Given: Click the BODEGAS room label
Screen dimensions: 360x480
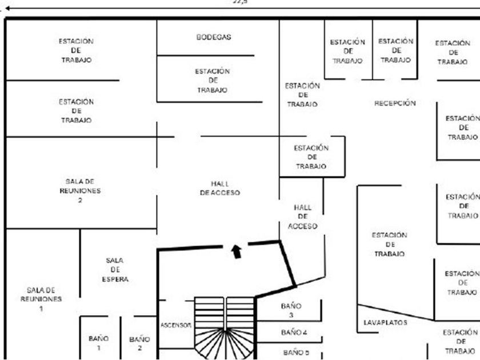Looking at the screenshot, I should [x=214, y=37].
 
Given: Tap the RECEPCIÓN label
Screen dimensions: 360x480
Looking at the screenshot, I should [x=395, y=103].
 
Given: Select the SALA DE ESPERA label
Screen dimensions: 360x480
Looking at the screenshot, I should [x=115, y=270].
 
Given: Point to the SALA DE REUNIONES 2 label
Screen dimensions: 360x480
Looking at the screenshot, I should [x=80, y=191].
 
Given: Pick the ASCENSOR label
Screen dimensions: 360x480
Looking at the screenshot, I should [x=175, y=325].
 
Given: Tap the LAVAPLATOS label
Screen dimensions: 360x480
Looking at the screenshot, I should [x=386, y=323].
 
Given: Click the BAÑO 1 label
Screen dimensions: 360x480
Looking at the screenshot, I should [x=98, y=343].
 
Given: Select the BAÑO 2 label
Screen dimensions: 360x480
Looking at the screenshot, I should [x=139, y=343].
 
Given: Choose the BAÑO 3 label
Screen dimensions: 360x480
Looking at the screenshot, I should [x=291, y=310].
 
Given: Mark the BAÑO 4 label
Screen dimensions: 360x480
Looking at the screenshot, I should [x=294, y=332].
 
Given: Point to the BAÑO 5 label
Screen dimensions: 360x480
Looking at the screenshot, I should [x=294, y=353].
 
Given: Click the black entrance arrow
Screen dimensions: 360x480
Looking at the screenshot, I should [x=236, y=251].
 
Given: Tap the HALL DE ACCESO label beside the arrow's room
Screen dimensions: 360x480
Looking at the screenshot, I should [x=220, y=188].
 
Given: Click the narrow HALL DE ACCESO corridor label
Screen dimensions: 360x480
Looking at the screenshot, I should [x=302, y=217].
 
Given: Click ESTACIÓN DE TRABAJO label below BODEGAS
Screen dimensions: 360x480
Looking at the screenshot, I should [x=213, y=81].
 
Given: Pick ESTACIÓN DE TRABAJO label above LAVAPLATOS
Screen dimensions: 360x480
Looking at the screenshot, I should [x=389, y=244].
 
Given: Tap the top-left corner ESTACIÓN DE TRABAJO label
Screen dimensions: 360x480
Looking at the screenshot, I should [x=77, y=50].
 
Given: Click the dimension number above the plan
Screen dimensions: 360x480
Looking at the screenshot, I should [x=240, y=2].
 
